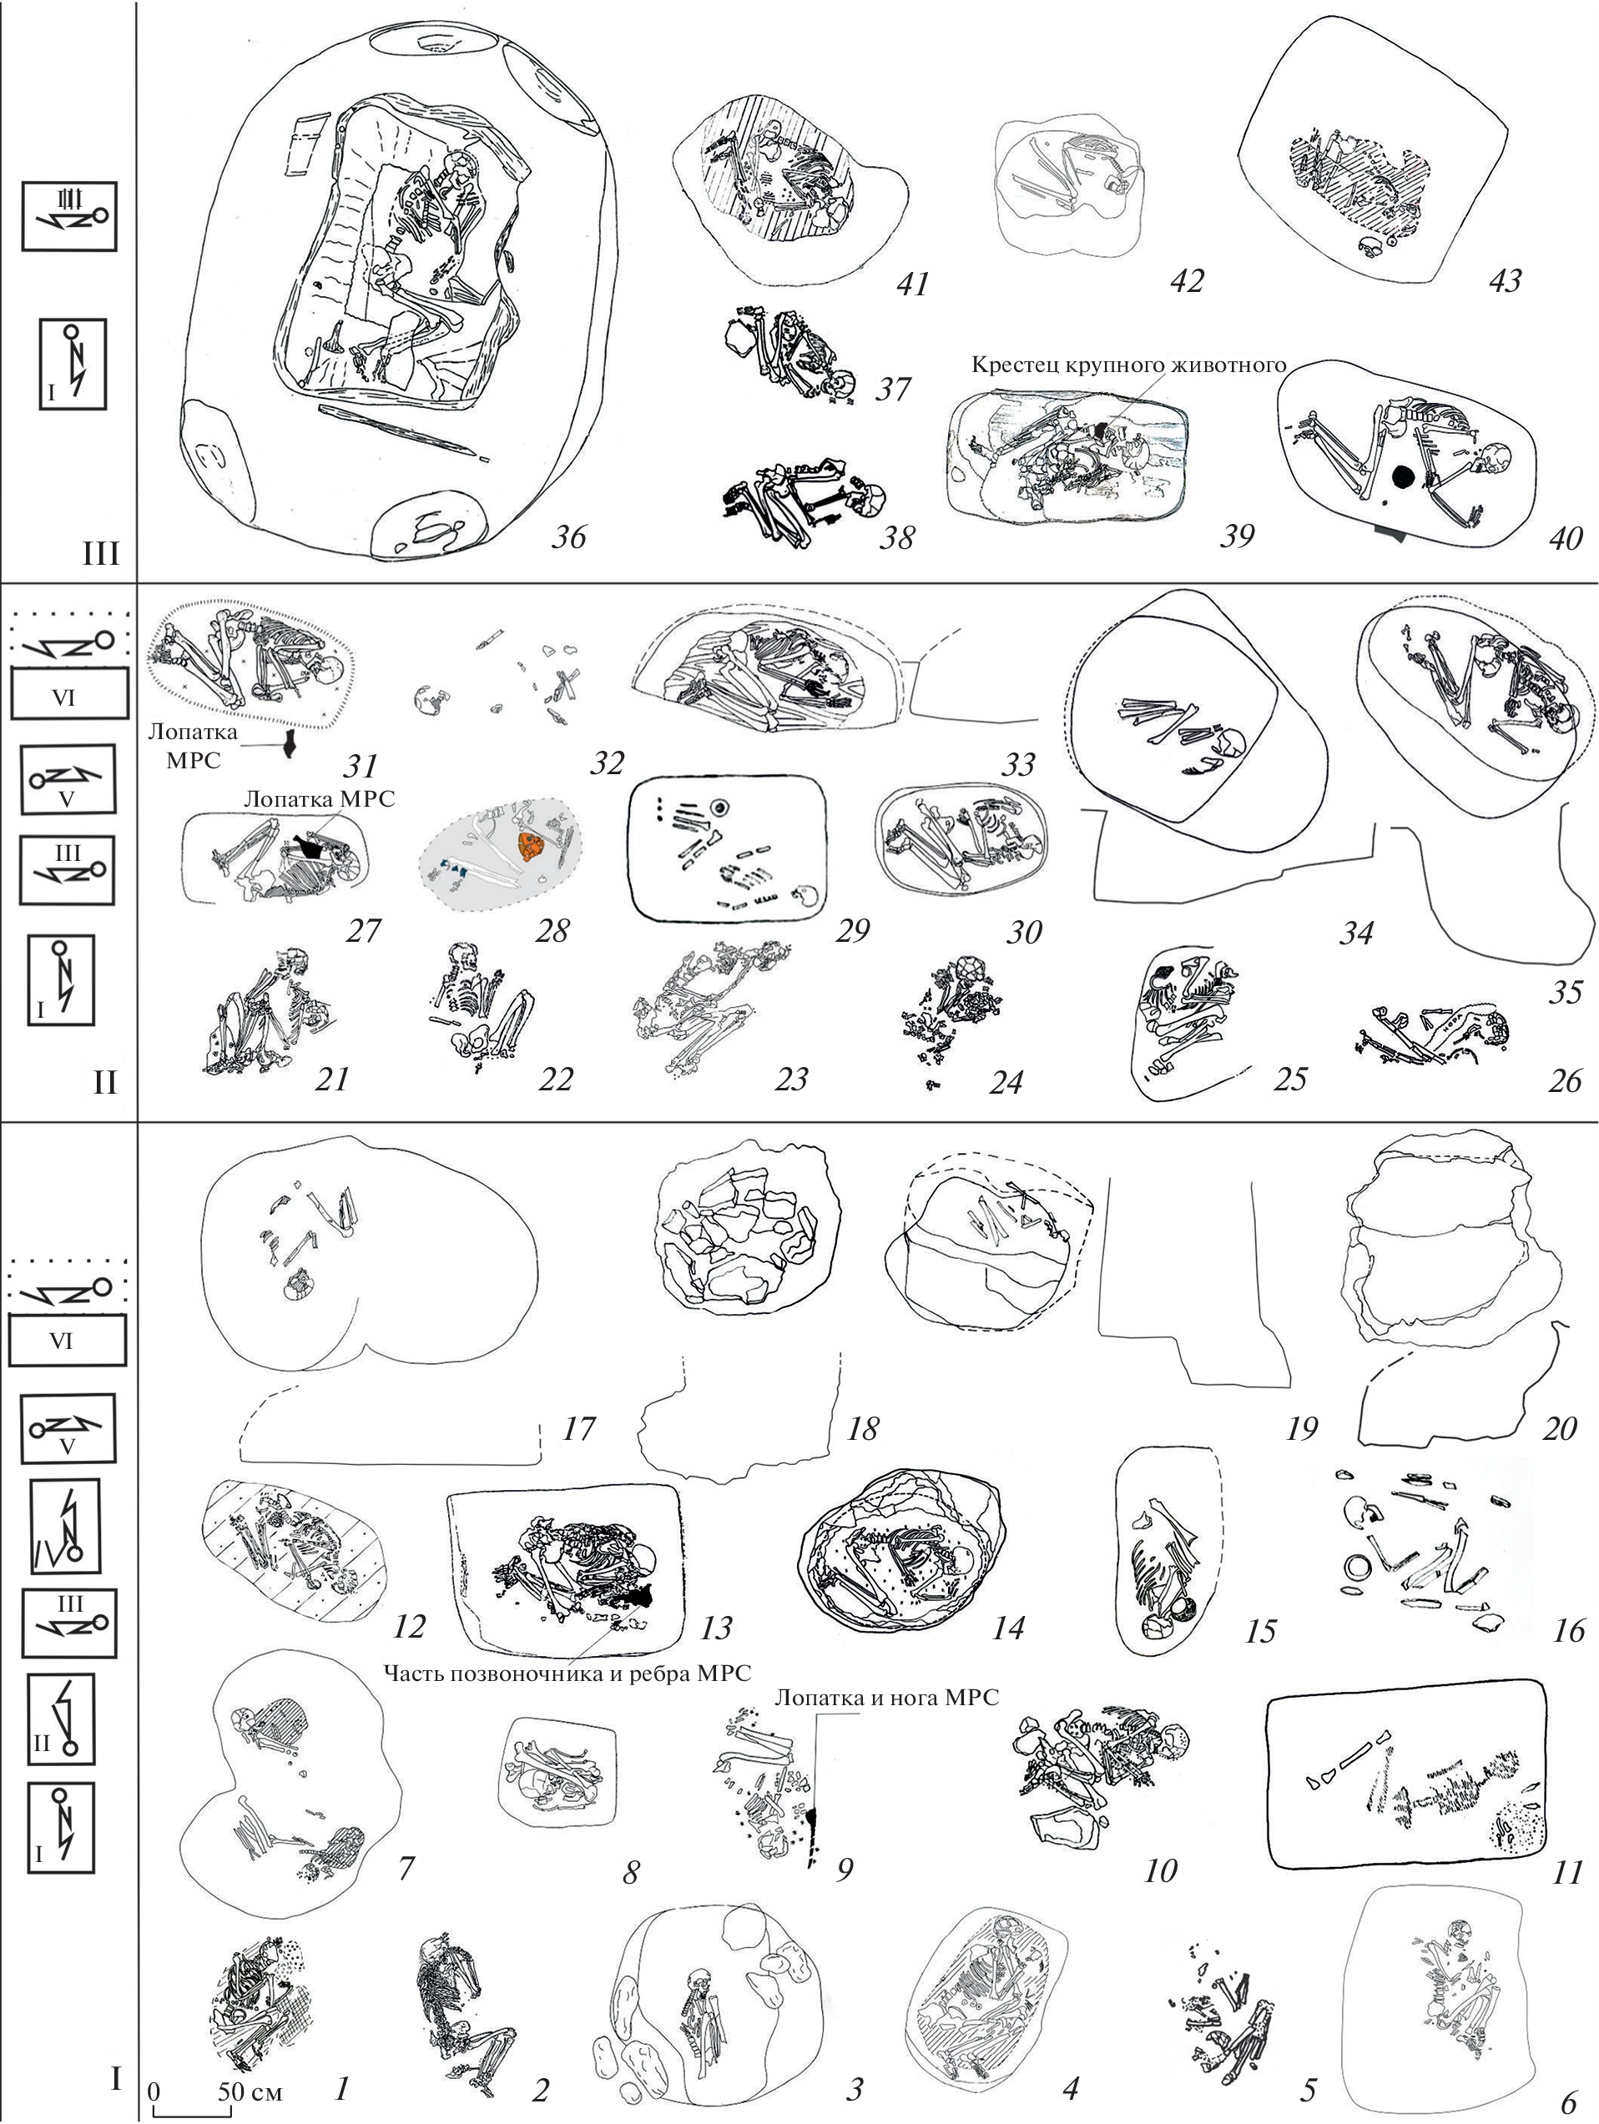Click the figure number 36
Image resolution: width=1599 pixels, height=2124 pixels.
[x=568, y=536]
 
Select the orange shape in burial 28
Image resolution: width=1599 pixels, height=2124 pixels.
[x=528, y=845]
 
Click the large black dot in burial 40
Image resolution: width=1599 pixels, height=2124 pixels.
[x=1403, y=475]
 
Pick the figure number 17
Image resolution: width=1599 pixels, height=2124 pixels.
[x=579, y=1428]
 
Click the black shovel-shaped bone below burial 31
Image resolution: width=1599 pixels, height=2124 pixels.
[x=287, y=743]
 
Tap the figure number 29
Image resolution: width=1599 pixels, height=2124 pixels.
[x=854, y=929]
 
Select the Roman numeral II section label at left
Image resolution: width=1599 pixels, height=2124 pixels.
[x=103, y=1082]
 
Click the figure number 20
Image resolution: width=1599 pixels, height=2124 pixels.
[x=1559, y=1429]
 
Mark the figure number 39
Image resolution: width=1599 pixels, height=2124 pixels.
[x=1237, y=535]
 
